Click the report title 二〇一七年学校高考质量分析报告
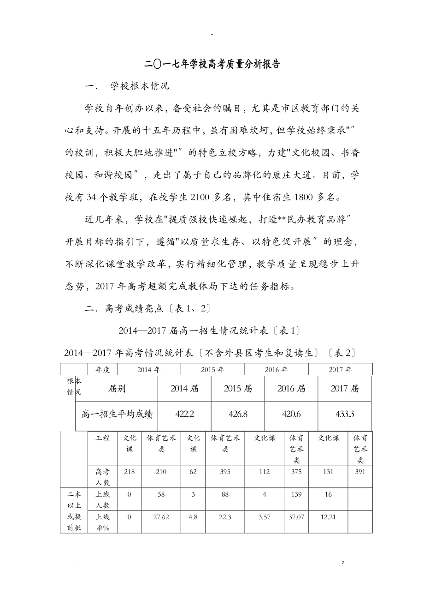[x=212, y=64]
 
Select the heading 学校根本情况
[x=141, y=86]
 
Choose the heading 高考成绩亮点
[x=134, y=308]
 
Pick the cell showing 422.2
[x=185, y=414]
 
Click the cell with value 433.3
[x=345, y=414]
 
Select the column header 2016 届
[x=291, y=389]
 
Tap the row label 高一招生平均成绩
[x=117, y=414]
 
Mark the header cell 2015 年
[x=212, y=369]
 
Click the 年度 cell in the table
[x=102, y=369]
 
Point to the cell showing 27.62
[x=161, y=517]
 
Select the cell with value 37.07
[x=296, y=517]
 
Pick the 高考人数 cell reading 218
[x=129, y=472]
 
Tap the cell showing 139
[x=296, y=494]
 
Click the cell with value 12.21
[x=328, y=517]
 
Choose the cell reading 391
[x=360, y=472]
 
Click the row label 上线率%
[x=102, y=522]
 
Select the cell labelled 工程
[x=102, y=438]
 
